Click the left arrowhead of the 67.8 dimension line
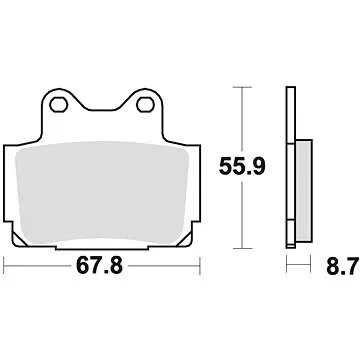(8, 266)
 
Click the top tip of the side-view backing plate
(291, 89)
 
